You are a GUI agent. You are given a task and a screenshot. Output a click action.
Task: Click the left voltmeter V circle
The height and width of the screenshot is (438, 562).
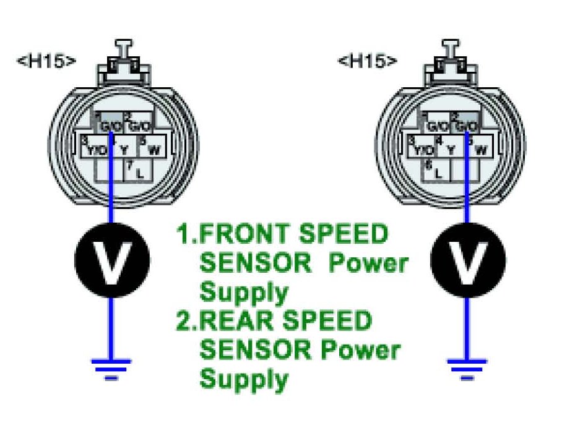pos(111,259)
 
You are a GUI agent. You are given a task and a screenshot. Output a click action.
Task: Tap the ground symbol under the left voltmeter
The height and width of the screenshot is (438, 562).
pos(111,366)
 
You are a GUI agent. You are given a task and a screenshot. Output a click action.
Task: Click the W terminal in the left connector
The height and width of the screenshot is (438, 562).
pos(151,148)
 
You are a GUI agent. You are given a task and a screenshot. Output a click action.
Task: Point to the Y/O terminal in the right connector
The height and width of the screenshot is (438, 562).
pos(423,148)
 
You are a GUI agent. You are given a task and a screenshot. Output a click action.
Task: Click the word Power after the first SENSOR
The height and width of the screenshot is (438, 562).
pos(368,264)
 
